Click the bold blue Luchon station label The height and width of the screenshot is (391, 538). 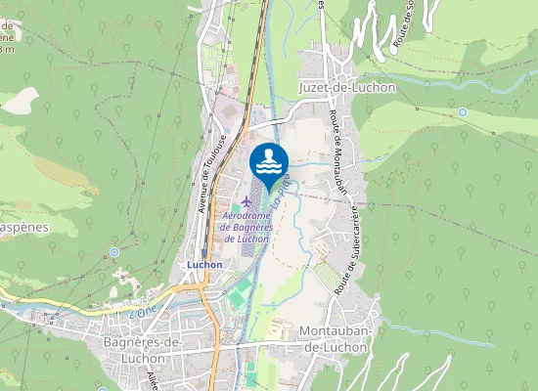coord(204,264)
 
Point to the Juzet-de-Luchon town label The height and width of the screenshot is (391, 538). coord(344,87)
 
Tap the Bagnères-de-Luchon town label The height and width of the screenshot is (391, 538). coord(143,348)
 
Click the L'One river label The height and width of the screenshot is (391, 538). coord(142,310)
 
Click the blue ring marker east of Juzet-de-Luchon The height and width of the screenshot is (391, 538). coord(463,112)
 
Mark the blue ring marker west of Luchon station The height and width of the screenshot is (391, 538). coord(114,252)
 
